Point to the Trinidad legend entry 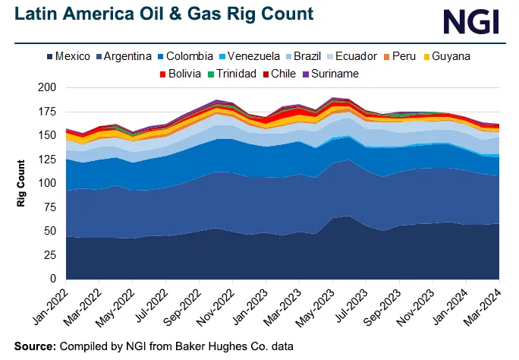233,74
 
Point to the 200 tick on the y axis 48,88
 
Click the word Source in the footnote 34,346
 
